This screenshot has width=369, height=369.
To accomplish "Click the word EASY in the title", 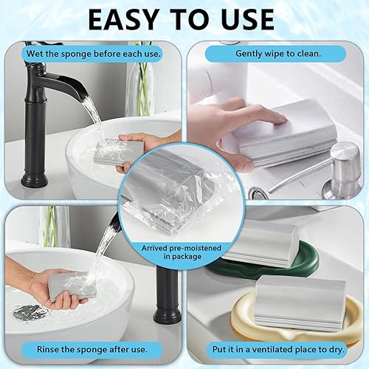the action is click(x=123, y=19).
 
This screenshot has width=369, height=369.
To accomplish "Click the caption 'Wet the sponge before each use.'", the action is click(x=94, y=54).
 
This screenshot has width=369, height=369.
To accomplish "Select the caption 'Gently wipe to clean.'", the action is click(x=278, y=53).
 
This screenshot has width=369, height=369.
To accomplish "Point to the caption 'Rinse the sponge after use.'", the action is click(x=92, y=349).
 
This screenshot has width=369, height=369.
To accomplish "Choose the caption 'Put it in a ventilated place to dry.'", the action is click(x=278, y=349).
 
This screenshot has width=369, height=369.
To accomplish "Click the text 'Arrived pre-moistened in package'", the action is click(x=182, y=252).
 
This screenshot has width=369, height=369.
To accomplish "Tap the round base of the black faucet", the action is click(x=35, y=180).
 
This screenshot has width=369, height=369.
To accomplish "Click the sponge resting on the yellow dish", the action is click(x=300, y=303).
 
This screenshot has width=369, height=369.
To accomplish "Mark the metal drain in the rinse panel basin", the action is click(x=30, y=313).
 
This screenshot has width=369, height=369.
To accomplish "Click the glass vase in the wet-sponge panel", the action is click(x=139, y=89).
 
